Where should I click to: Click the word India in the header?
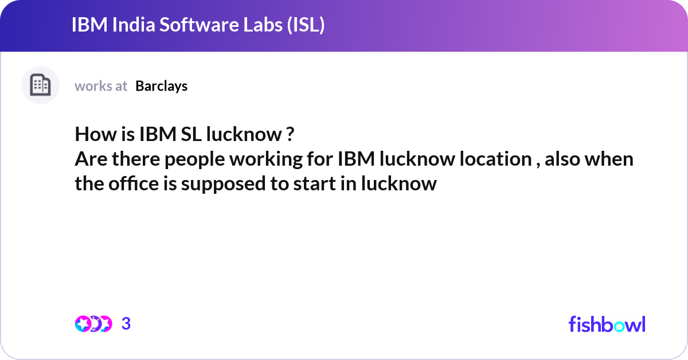pos(125,26)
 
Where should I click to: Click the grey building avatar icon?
pos(40,85)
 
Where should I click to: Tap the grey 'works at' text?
pos(101,86)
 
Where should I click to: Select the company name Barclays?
pos(161,86)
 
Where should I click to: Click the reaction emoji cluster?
pos(93,324)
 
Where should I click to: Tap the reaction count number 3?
pos(126,324)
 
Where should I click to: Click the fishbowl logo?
pos(607,324)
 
